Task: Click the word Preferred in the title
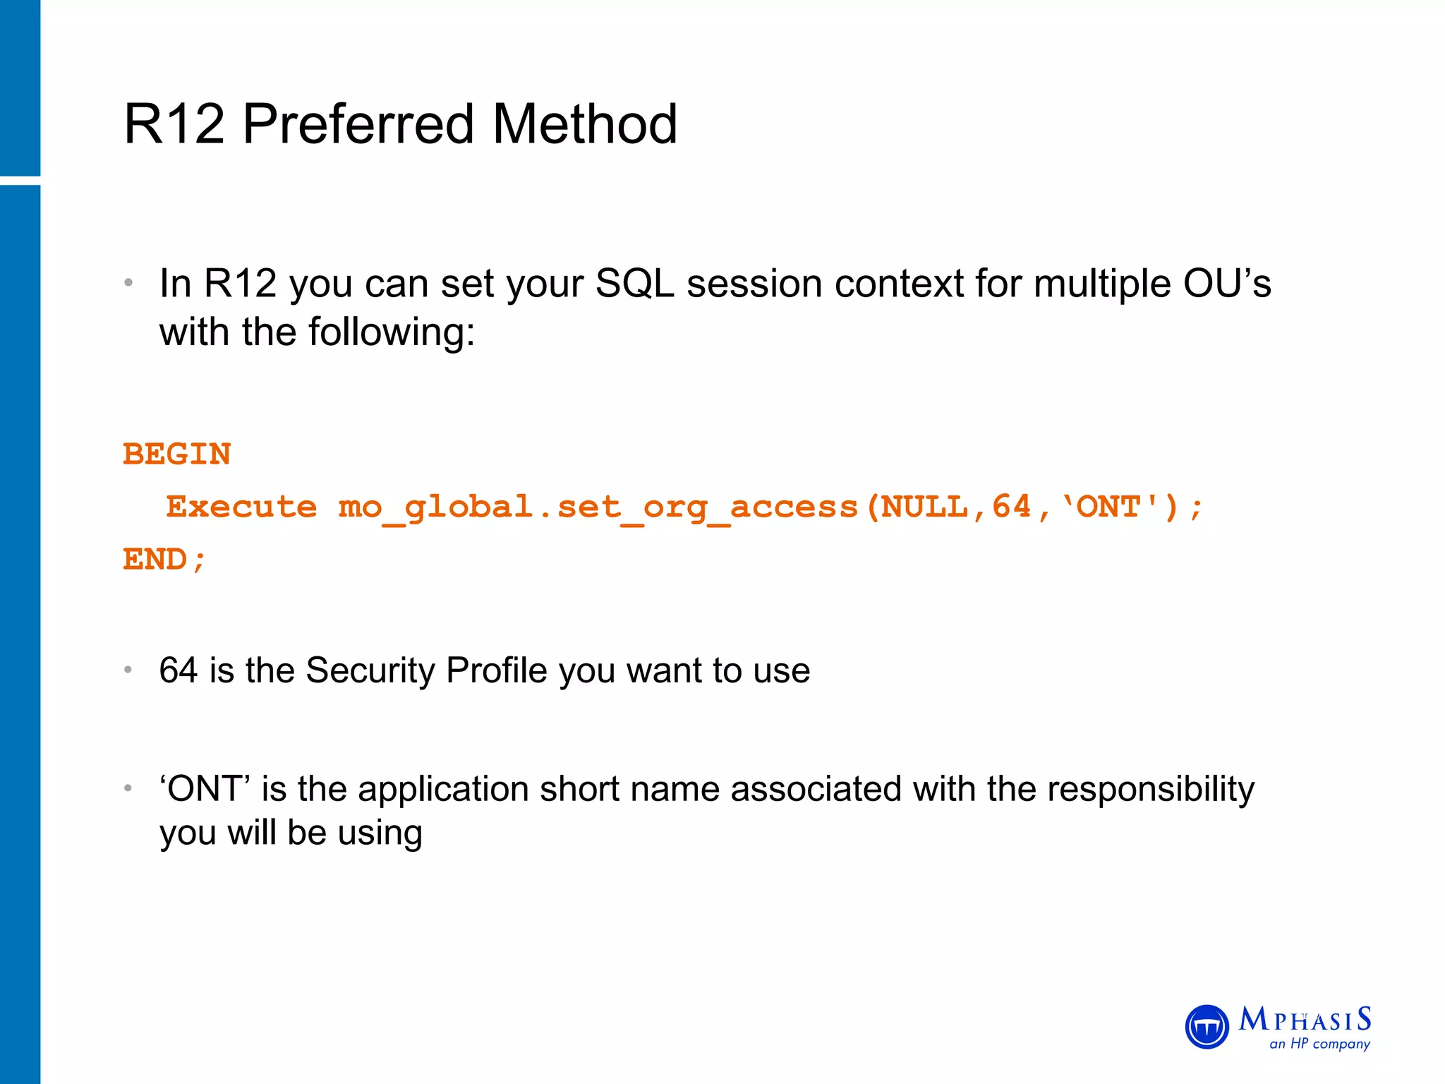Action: pos(358,125)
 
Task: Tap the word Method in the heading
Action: pos(584,125)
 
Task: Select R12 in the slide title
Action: pos(174,125)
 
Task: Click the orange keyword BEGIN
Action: pos(177,454)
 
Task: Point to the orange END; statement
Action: pos(164,560)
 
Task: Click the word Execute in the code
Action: pos(241,507)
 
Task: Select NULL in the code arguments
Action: pos(924,507)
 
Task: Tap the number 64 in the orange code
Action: pos(1012,507)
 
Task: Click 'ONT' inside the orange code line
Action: pos(1110,507)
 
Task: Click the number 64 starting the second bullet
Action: pos(179,670)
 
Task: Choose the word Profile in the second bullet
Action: pos(496,670)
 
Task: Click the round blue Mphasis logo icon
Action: pos(1207,1027)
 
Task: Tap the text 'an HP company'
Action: pos(1319,1044)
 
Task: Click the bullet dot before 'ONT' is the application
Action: pos(128,788)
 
